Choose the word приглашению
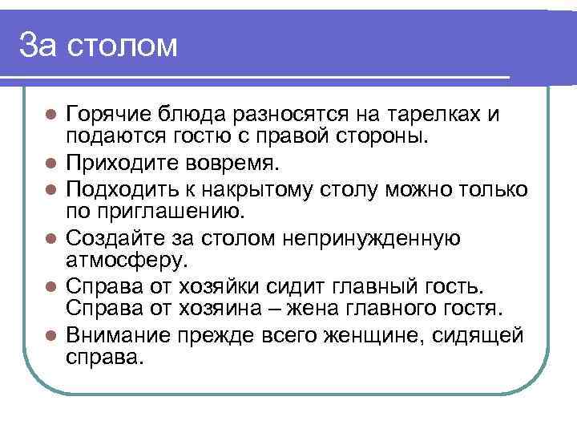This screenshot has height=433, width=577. pos(144,212)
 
